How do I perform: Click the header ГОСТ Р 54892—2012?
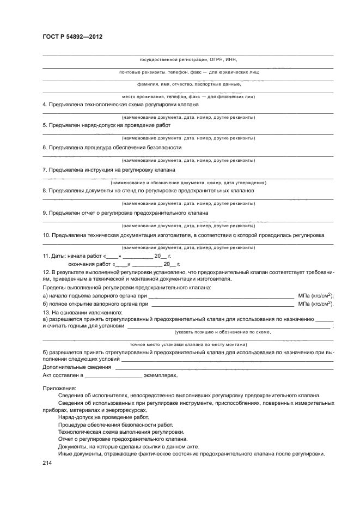click(72, 37)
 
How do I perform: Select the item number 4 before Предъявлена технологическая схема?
click(44, 104)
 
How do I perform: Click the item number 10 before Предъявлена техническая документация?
click(46, 235)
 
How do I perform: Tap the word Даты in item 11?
click(59, 256)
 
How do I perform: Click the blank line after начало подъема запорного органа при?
click(221, 296)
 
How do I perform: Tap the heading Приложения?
click(60, 388)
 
